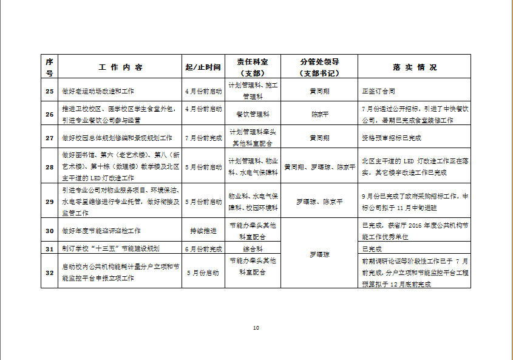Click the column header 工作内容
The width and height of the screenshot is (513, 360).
(120, 67)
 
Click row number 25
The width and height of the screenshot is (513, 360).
(50, 91)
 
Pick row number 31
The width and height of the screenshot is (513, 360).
(50, 249)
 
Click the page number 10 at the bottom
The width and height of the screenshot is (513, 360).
(256, 328)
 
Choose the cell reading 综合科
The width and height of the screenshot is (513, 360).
(252, 249)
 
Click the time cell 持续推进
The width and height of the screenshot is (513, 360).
(203, 231)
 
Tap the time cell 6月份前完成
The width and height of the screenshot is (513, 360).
(203, 249)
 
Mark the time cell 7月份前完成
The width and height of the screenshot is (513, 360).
(203, 138)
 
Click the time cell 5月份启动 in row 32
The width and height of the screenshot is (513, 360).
(203, 273)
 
